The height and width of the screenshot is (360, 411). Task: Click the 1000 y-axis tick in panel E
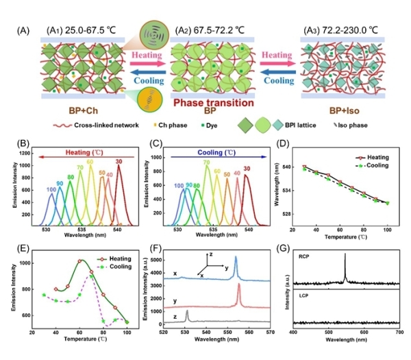(x=25, y=263)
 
